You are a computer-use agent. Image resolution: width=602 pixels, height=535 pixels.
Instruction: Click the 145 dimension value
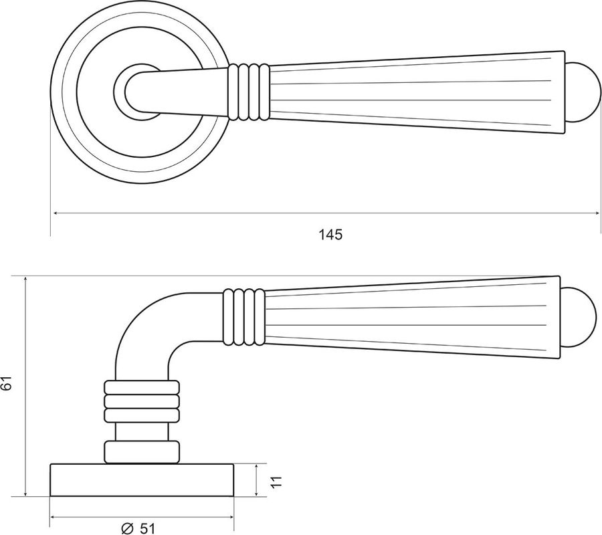point(330,234)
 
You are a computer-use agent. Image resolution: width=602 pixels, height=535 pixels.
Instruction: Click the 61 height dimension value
point(7,383)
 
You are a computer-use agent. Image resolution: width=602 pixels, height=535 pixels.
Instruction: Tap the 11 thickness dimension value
point(276,481)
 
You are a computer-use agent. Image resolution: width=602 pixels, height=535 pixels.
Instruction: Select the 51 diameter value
point(147,528)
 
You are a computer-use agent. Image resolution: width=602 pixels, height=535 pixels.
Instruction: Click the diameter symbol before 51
point(127,528)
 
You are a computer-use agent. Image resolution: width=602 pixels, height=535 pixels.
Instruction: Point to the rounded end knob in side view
point(578,318)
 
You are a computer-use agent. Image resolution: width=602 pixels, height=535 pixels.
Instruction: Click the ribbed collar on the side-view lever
point(243,316)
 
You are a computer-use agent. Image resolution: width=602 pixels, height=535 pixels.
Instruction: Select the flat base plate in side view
point(142,480)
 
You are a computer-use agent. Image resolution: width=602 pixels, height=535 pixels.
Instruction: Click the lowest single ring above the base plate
point(141,451)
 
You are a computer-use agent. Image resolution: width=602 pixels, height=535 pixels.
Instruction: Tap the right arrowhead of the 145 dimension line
point(596,212)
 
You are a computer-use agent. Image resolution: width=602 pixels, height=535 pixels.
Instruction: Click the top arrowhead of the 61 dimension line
point(25,280)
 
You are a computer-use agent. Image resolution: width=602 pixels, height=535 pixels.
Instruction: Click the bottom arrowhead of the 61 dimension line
point(25,492)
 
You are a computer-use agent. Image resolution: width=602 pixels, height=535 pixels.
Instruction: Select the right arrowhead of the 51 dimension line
point(229,517)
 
